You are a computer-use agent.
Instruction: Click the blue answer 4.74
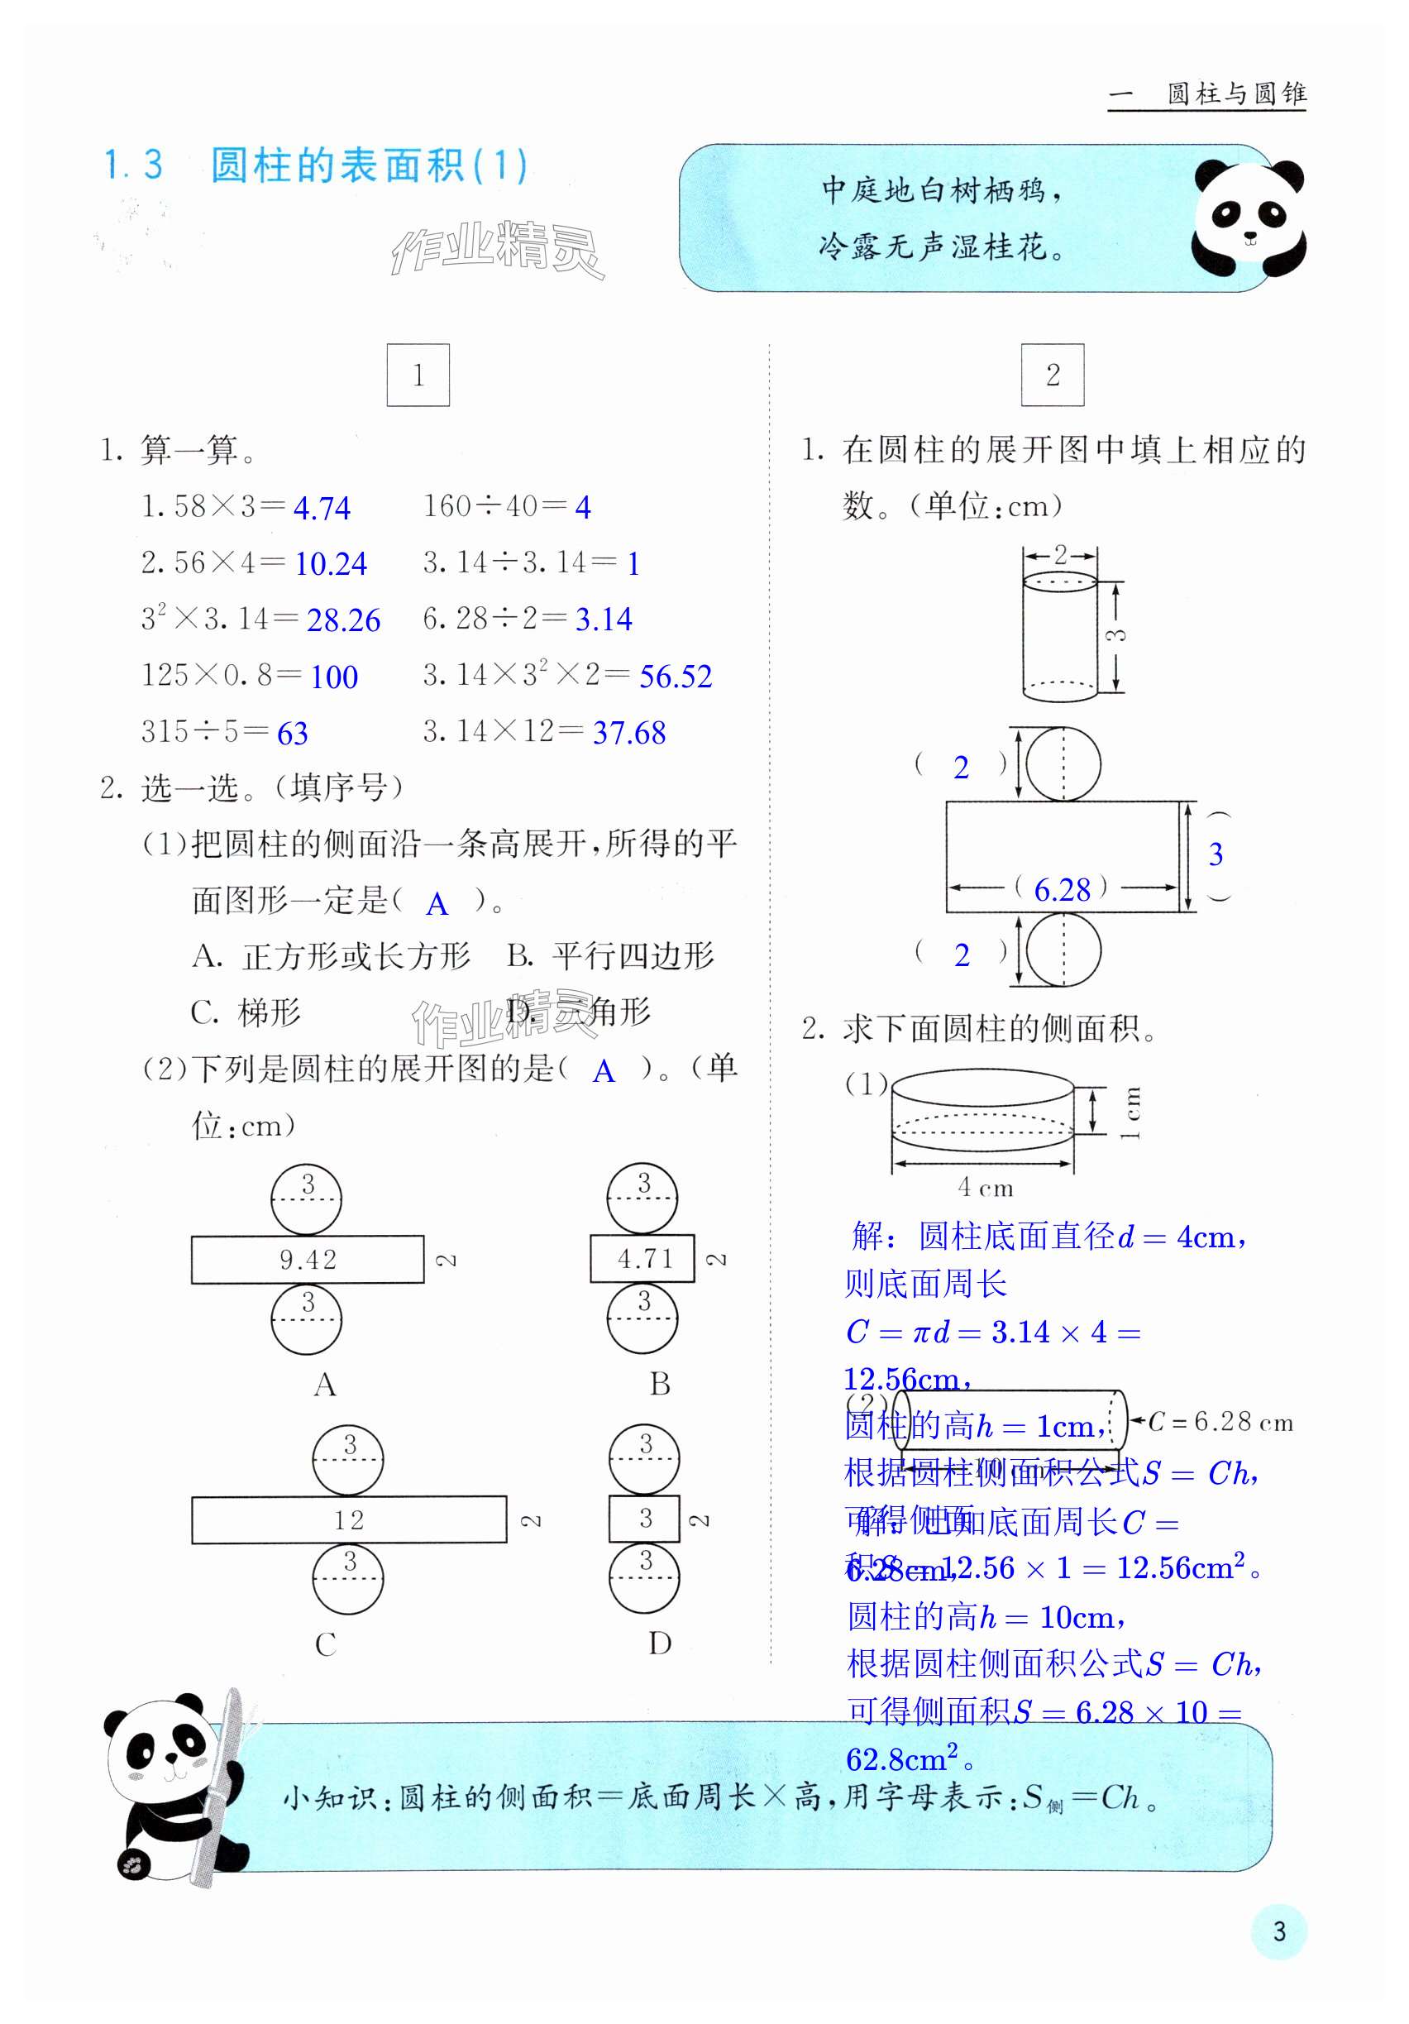(x=322, y=509)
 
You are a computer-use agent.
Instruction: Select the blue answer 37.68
(x=629, y=734)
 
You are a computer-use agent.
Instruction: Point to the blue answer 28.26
(x=343, y=620)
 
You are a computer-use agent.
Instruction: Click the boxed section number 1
(x=418, y=376)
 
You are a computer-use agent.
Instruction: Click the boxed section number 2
(x=1052, y=376)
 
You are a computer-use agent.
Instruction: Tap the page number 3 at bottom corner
(x=1278, y=1931)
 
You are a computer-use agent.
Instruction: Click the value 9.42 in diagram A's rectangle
(x=308, y=1260)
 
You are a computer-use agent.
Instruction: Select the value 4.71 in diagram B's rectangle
(x=645, y=1259)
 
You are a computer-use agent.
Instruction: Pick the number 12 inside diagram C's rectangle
(x=349, y=1519)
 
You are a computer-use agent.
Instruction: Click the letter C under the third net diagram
(x=325, y=1644)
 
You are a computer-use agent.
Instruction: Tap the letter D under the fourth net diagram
(x=660, y=1644)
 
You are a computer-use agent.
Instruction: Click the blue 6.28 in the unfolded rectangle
(x=1062, y=890)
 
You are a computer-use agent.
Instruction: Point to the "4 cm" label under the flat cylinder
(x=985, y=1189)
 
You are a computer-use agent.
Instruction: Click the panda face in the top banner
(x=1248, y=218)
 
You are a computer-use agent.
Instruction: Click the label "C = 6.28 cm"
(x=1220, y=1422)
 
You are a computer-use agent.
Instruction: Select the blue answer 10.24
(x=331, y=564)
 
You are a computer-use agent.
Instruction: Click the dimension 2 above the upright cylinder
(x=1060, y=554)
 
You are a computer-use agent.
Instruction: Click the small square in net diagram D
(x=644, y=1518)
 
